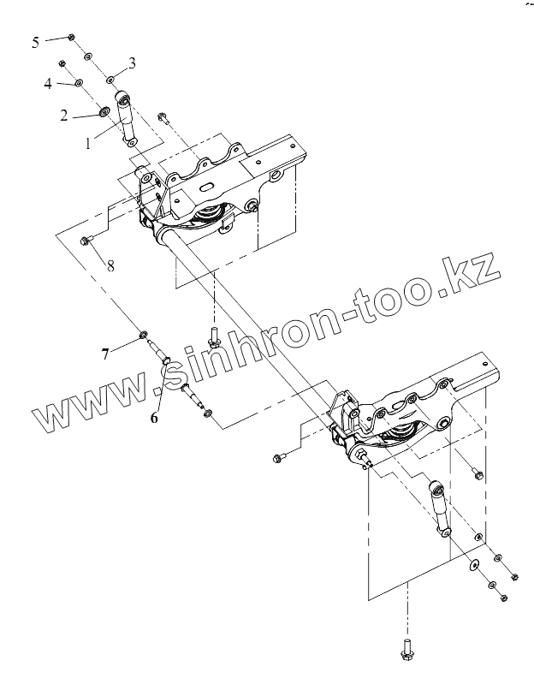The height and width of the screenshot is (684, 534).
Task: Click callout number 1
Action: (x=88, y=144)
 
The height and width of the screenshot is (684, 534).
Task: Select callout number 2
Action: (x=63, y=116)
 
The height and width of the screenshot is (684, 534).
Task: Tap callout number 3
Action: (x=132, y=62)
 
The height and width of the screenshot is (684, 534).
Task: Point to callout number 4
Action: (x=48, y=83)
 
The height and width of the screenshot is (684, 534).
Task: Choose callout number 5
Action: (x=35, y=42)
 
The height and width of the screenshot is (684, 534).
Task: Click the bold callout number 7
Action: (x=105, y=353)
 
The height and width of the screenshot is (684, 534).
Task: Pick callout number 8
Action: (x=110, y=265)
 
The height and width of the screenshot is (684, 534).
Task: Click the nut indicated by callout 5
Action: (x=71, y=37)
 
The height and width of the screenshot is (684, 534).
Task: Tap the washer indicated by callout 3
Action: (x=112, y=80)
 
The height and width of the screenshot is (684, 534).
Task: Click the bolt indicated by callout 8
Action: (x=86, y=241)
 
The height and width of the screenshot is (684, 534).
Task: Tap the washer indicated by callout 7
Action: (x=144, y=332)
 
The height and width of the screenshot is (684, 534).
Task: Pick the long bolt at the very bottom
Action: (x=406, y=650)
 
